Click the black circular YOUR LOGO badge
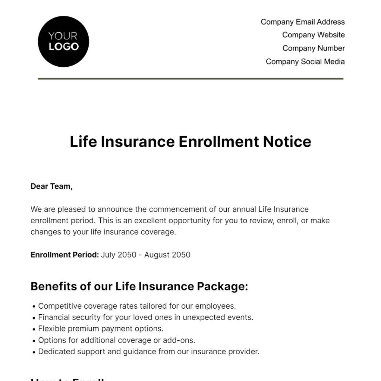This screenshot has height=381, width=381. click(63, 42)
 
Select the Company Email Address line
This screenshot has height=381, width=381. click(303, 22)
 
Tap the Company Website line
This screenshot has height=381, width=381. click(313, 35)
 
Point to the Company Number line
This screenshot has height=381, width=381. click(313, 48)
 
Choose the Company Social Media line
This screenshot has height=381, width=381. click(305, 62)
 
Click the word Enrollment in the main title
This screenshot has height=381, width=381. click(219, 142)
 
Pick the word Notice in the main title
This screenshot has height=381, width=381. click(287, 142)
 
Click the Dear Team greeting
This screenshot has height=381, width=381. click(51, 186)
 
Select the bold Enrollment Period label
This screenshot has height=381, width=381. click(65, 255)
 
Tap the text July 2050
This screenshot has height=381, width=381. click(118, 255)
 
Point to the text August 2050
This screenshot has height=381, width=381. click(167, 255)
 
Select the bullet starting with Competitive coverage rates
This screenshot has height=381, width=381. click(137, 306)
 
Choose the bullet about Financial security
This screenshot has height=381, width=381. click(145, 317)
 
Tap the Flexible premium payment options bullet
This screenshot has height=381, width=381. click(101, 329)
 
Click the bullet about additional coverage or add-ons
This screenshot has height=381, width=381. click(117, 340)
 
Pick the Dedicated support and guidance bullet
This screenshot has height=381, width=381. click(149, 351)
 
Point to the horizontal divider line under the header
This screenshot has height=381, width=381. click(190, 78)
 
